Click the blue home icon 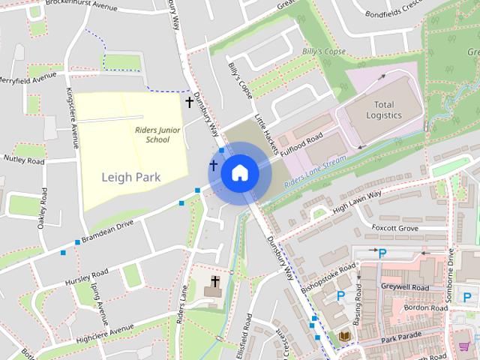(240, 173)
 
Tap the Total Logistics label (384, 109)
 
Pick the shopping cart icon (464, 345)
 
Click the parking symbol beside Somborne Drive (467, 298)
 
